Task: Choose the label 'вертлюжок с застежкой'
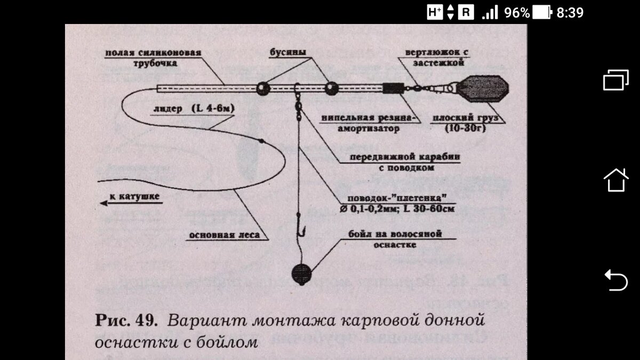[436, 57]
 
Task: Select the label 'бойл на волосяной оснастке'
[395, 239]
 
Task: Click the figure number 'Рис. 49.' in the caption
[126, 321]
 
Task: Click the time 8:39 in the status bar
[570, 12]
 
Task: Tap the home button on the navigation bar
[615, 180]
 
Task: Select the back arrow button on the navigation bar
[615, 280]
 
